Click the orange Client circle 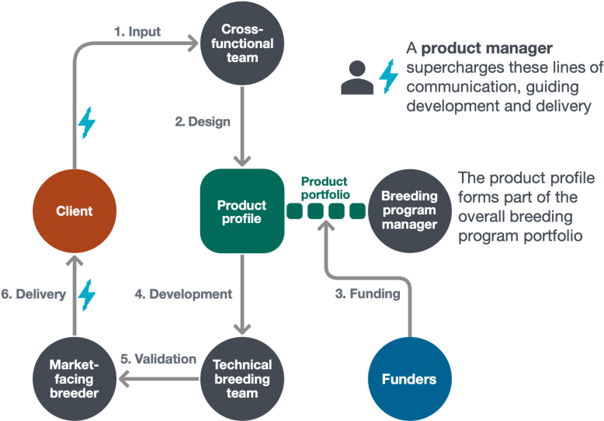tap(75, 210)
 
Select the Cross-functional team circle tap(242, 43)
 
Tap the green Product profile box tap(241, 211)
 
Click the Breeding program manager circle tap(409, 210)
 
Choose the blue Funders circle tap(408, 379)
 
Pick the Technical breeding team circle tap(242, 379)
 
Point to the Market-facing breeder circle tap(74, 379)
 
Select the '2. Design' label tap(202, 122)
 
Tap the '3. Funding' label tap(367, 294)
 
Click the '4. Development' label tap(182, 294)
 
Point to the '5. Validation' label tap(158, 359)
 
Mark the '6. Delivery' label tap(33, 294)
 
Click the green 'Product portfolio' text tap(325, 187)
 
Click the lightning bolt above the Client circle tap(88, 122)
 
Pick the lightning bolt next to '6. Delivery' tap(87, 294)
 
